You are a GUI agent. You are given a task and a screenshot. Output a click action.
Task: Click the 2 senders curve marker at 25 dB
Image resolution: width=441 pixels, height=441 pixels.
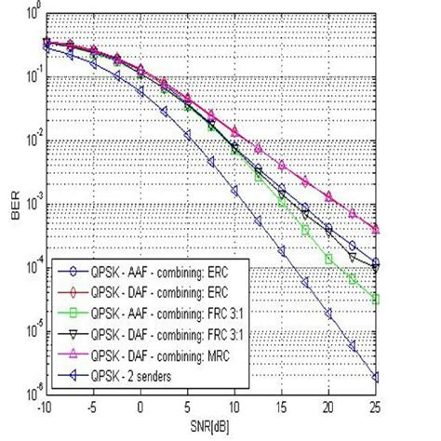tap(374, 377)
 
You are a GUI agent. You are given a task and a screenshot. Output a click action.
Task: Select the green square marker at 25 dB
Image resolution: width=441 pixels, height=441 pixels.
tap(374, 299)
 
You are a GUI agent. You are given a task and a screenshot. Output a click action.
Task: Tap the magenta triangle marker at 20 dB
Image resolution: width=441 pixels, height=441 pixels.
tap(327, 196)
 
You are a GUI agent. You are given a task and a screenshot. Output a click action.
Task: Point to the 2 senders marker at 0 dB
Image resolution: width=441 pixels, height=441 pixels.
tap(140, 93)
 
